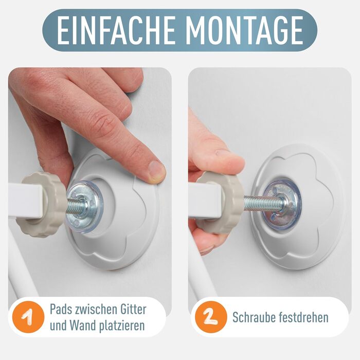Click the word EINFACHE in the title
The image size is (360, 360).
coord(116,30)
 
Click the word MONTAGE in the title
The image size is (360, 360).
coord(244,30)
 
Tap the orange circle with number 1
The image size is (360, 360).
coord(28,317)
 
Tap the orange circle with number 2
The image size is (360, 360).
coord(211,317)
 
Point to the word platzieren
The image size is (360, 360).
coord(120,326)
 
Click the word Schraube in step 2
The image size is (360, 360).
coord(254,317)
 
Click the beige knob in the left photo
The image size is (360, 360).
coord(41,205)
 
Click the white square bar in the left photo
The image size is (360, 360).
coord(25,200)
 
